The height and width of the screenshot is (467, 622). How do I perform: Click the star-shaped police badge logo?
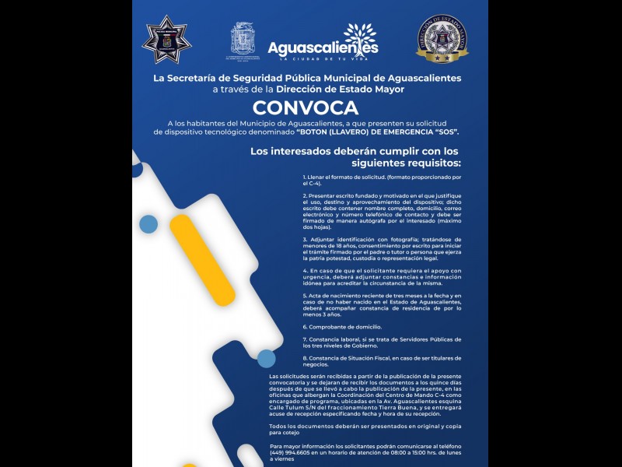coord(167,39)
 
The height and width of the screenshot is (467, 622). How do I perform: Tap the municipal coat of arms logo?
coord(242,38)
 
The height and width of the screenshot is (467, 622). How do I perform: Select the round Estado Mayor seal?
coord(442,39)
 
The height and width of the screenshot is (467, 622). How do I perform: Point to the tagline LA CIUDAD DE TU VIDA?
coord(323,59)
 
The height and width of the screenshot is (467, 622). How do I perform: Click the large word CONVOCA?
coord(306,108)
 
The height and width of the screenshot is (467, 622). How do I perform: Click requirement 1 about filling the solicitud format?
coord(381,181)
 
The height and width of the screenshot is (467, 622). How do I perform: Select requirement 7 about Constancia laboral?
coord(382,342)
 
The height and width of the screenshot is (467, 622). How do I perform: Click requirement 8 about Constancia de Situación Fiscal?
coord(382,361)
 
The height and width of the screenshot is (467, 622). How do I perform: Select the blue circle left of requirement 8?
coord(267,359)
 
